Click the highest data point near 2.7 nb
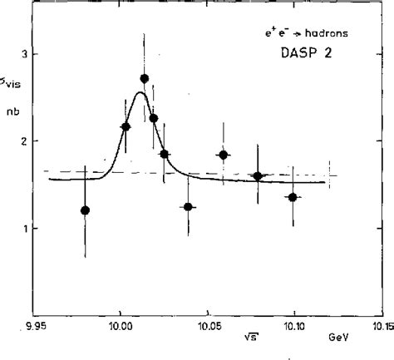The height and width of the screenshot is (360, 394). coord(145,79)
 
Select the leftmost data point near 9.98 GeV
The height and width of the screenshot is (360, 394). coord(85,210)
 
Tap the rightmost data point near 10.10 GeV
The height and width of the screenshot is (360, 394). coord(293,197)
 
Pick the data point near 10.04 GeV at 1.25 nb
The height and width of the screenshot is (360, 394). coord(189,206)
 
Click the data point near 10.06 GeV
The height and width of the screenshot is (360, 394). coord(224,155)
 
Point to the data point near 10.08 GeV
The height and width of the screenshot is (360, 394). coord(258,176)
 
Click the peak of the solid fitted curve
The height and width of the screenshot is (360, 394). coord(140,92)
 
